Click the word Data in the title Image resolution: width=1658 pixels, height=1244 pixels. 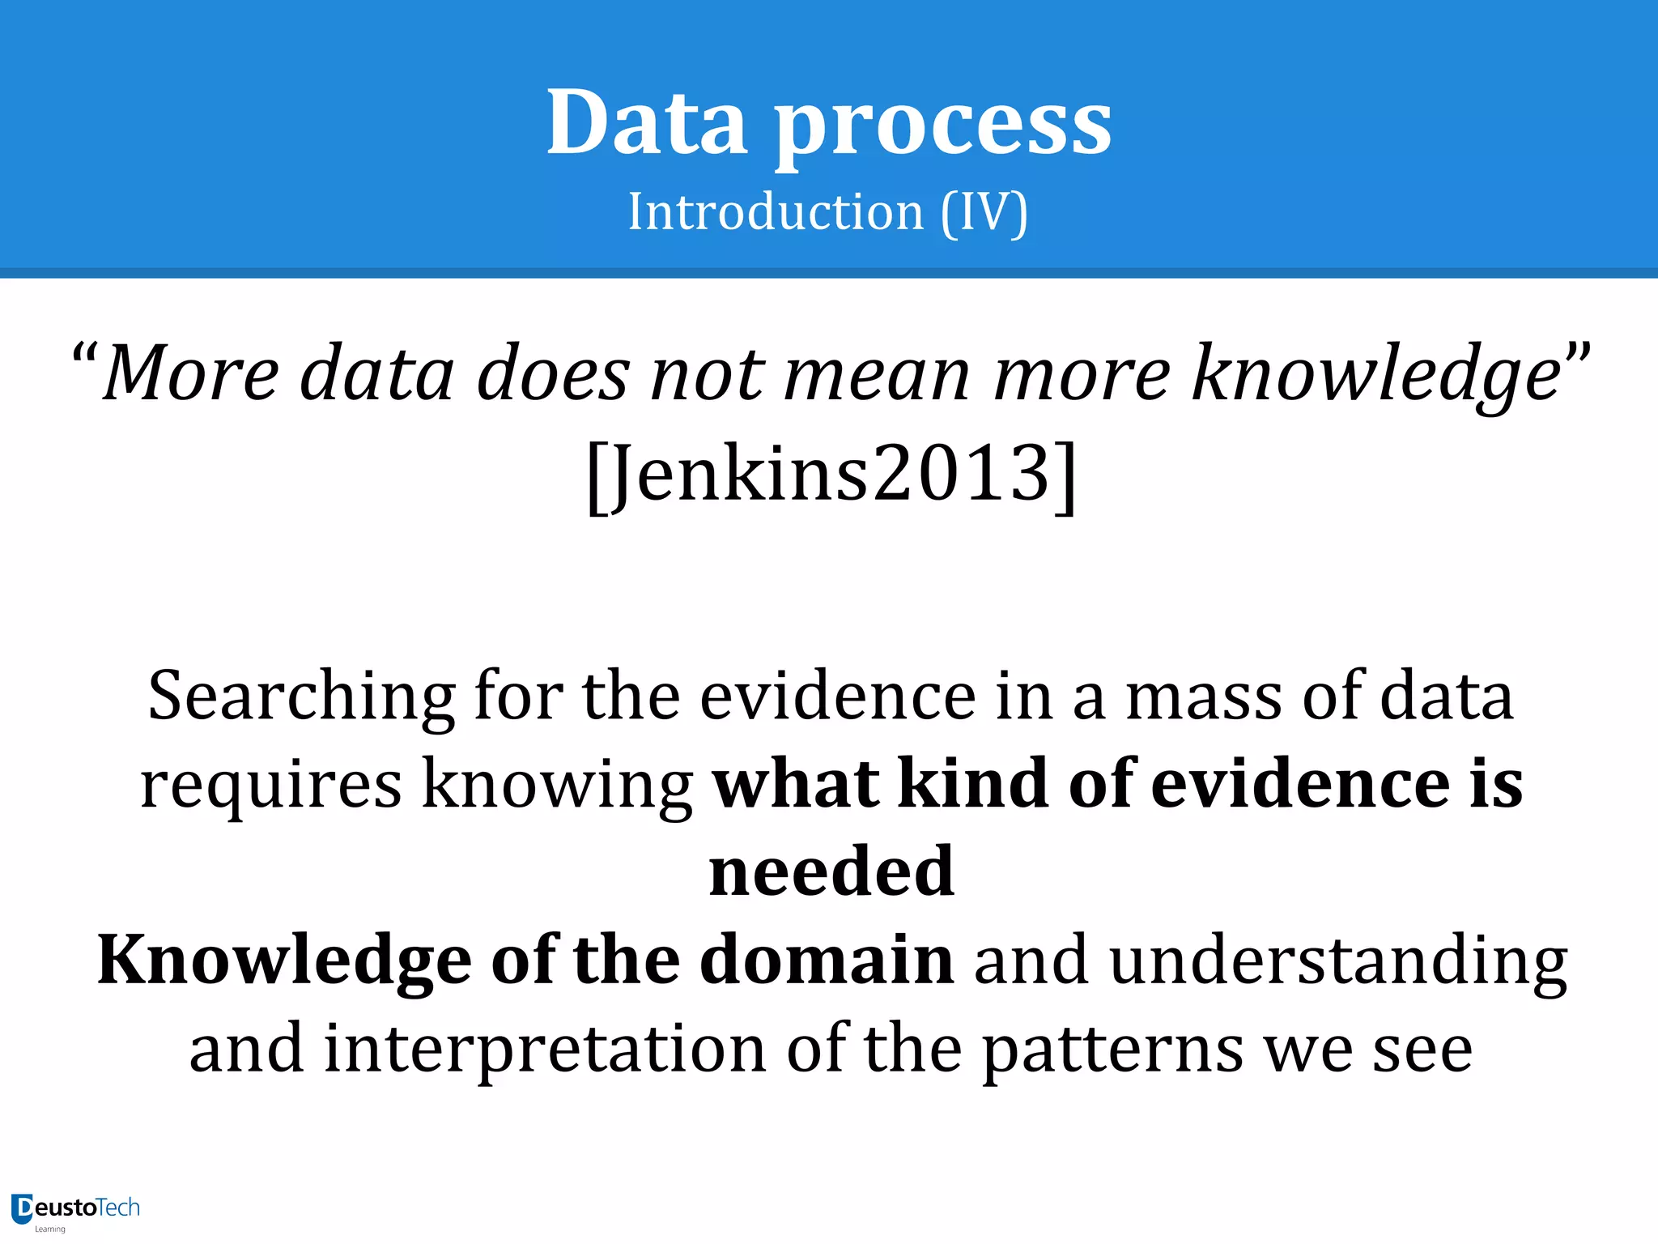click(x=646, y=123)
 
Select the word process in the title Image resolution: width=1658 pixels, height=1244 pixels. click(x=943, y=128)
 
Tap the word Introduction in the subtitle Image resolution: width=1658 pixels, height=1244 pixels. click(x=776, y=212)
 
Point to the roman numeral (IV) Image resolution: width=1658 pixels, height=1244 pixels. click(x=984, y=213)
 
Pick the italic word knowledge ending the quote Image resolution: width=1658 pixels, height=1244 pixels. click(x=1376, y=375)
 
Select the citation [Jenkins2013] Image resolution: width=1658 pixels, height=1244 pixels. click(x=831, y=474)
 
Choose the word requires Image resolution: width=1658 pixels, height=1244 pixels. click(x=270, y=784)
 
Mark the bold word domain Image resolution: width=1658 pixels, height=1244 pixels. click(x=827, y=960)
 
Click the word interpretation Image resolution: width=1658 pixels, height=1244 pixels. click(x=545, y=1050)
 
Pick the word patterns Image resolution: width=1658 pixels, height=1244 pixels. click(x=1112, y=1050)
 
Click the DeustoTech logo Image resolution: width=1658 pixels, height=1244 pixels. click(x=75, y=1210)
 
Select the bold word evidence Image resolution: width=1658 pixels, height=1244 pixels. click(x=1299, y=784)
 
